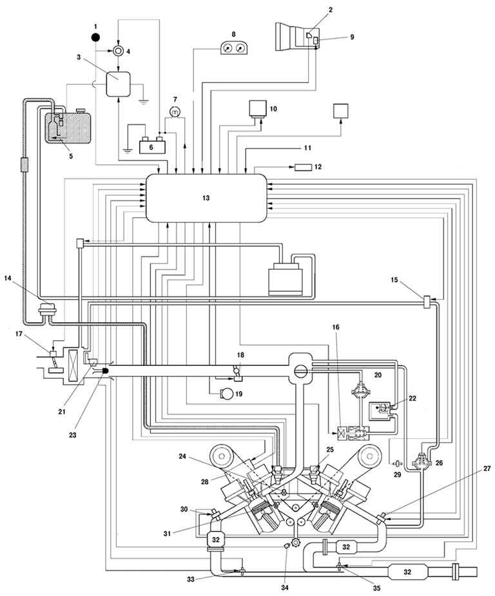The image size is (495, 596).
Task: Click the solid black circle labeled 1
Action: pos(95,37)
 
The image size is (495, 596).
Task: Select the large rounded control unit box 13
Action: pos(206,198)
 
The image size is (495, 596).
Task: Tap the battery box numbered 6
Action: pos(151,146)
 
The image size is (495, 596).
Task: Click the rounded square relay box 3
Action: pos(118,84)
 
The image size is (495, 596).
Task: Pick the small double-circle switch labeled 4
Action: pos(118,51)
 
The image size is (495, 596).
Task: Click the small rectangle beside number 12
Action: pos(304,167)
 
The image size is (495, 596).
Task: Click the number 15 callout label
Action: pos(394,280)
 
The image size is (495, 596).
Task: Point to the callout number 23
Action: pos(72,435)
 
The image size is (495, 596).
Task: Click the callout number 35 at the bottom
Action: pos(376,588)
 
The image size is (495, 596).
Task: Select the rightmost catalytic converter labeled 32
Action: pos(407,572)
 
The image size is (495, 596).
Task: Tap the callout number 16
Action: pos(336,327)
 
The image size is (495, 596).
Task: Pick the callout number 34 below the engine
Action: pos(285,588)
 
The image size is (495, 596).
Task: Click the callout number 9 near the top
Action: pos(352,37)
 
